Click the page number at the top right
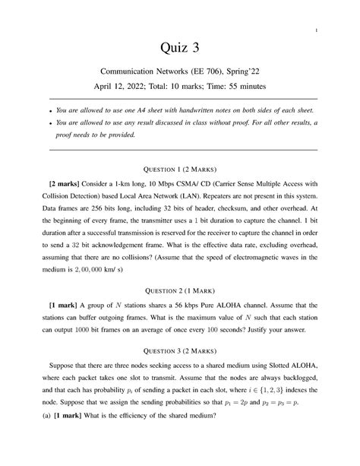click(313, 30)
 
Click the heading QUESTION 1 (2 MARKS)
click(180, 168)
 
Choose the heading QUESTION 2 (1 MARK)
click(180, 290)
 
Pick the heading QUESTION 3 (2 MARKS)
click(180, 363)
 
